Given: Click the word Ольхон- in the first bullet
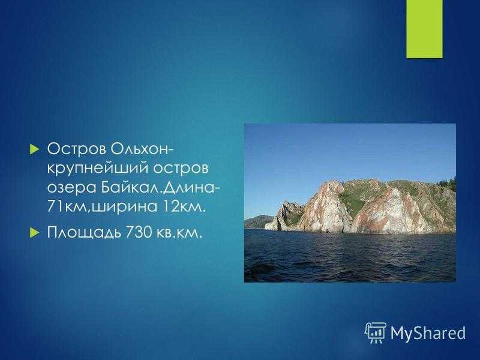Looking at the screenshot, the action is (142, 149).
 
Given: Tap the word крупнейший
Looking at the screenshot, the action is (97, 169).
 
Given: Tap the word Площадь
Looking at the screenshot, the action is (83, 233).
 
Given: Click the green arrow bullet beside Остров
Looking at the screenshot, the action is (35, 149).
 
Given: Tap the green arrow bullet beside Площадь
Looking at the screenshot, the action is (35, 233).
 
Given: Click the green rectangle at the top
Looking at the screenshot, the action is (424, 29).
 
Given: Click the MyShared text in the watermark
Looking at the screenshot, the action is (428, 333).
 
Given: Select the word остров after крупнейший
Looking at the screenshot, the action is (181, 169).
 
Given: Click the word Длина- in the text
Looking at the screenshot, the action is (191, 187).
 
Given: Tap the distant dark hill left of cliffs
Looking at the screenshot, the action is (257, 221).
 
